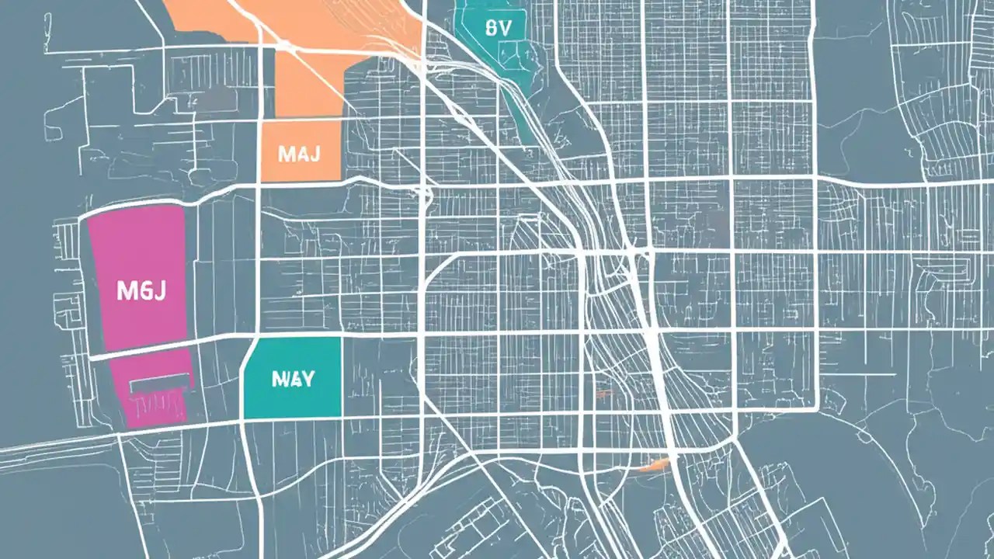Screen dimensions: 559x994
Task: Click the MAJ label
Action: pyautogui.click(x=299, y=154)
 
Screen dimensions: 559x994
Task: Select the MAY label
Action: pyautogui.click(x=294, y=379)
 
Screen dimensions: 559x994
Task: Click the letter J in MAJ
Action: pyautogui.click(x=314, y=154)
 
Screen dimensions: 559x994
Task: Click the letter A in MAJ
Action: pyautogui.click(x=300, y=154)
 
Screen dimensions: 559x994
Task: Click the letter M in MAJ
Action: pyautogui.click(x=285, y=154)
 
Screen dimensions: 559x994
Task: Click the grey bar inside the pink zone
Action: pyautogui.click(x=160, y=381)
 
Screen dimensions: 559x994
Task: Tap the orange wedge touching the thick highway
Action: pyautogui.click(x=654, y=464)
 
